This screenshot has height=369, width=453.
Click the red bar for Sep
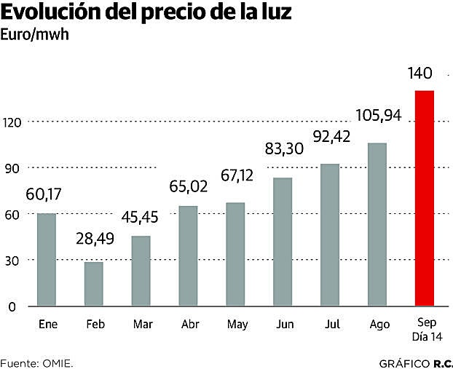click(x=425, y=198)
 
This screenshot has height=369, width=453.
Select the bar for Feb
click(x=94, y=284)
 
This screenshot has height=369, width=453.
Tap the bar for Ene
click(x=47, y=260)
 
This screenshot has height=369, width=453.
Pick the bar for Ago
click(x=377, y=224)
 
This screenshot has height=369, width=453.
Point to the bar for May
click(x=235, y=254)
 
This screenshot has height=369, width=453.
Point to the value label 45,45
click(x=141, y=217)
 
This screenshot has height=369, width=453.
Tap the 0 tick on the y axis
click(x=12, y=306)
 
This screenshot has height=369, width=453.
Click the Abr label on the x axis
click(x=188, y=325)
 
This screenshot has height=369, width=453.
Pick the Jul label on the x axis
click(x=330, y=325)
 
